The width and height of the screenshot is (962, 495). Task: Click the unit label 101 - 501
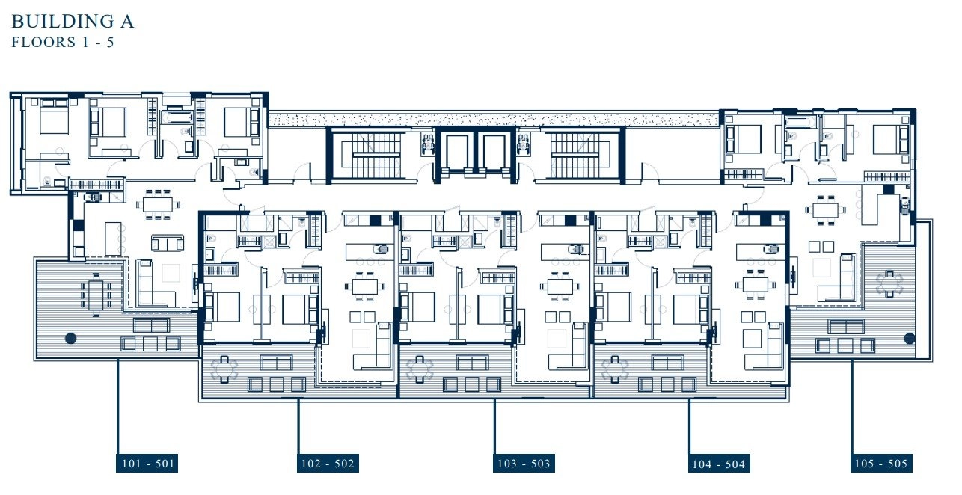click(147, 464)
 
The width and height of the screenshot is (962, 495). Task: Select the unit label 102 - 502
click(328, 464)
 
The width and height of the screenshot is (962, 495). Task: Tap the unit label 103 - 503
click(524, 464)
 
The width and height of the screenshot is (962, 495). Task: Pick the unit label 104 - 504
click(719, 464)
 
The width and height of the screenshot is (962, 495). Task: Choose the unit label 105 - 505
click(881, 464)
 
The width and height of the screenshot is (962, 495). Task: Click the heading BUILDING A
click(73, 22)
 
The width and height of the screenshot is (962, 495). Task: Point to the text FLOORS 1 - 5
click(63, 42)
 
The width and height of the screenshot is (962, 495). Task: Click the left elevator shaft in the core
click(459, 152)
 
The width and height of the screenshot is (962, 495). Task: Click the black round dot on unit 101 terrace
click(71, 338)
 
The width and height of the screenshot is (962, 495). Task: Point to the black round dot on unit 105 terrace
click(909, 338)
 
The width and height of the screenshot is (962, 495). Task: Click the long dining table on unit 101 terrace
click(96, 295)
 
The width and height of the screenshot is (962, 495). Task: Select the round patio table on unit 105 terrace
click(889, 284)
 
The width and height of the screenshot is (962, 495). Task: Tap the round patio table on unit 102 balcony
click(224, 369)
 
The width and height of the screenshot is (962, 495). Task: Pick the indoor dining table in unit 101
click(158, 204)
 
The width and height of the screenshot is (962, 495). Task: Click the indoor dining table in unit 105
click(825, 210)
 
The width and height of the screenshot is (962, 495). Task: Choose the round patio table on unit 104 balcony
click(615, 369)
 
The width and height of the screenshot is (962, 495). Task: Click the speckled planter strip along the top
click(494, 120)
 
